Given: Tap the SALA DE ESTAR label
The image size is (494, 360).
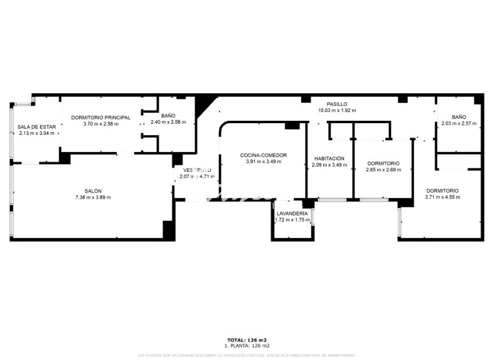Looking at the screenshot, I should pyautogui.click(x=37, y=127).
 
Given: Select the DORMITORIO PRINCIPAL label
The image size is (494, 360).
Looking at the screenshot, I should pyautogui.click(x=101, y=117).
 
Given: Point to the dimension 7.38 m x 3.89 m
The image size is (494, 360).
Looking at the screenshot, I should pyautogui.click(x=93, y=197).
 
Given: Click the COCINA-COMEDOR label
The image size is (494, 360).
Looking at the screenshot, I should pyautogui.click(x=263, y=155).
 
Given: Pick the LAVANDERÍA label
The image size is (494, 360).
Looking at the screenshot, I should pyautogui.click(x=292, y=213).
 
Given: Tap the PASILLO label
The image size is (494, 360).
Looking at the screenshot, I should pyautogui.click(x=337, y=104).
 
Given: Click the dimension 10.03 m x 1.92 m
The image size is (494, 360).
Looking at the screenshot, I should pyautogui.click(x=337, y=110).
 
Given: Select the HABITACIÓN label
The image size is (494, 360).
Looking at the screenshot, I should pyautogui.click(x=330, y=159).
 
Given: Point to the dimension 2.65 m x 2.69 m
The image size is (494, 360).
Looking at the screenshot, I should pyautogui.click(x=384, y=170).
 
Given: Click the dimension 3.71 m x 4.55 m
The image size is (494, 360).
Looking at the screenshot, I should pyautogui.click(x=442, y=197).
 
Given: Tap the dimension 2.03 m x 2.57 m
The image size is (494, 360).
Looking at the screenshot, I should pyautogui.click(x=459, y=123).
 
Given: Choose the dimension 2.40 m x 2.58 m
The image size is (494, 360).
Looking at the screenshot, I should pyautogui.click(x=168, y=122).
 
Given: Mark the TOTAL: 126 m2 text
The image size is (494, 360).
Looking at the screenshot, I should pyautogui.click(x=246, y=340).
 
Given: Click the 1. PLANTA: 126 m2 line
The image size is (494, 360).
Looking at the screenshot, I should pyautogui.click(x=246, y=345).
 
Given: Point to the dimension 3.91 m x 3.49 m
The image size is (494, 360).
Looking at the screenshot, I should pyautogui.click(x=263, y=161).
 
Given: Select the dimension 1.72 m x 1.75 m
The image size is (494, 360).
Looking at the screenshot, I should pyautogui.click(x=292, y=219).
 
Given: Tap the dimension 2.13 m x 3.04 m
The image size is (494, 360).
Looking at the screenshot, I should pyautogui.click(x=37, y=133).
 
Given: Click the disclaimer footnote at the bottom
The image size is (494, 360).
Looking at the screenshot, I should pyautogui.click(x=246, y=355).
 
